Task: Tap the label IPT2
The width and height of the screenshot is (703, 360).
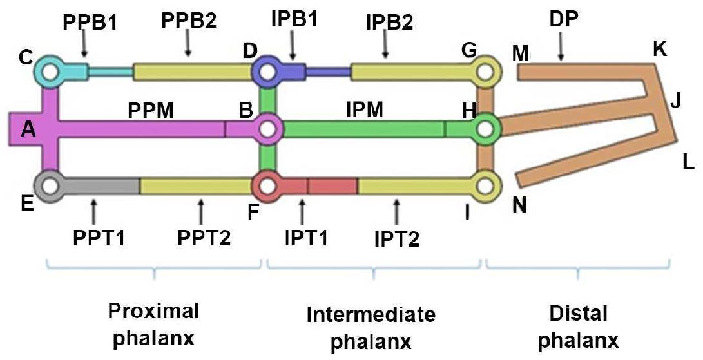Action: coord(397,240)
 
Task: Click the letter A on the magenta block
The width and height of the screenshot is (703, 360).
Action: coord(28,131)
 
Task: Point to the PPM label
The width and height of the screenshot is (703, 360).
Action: coord(151,112)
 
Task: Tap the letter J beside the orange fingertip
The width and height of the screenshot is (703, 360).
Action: coord(675,100)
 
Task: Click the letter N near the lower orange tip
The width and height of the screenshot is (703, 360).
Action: coord(519,205)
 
